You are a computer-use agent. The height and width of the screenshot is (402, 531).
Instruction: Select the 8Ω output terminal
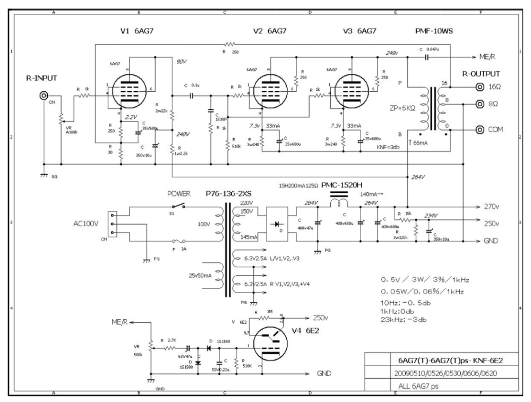[x=480, y=105]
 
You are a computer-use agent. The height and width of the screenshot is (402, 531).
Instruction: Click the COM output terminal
[x=480, y=129]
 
